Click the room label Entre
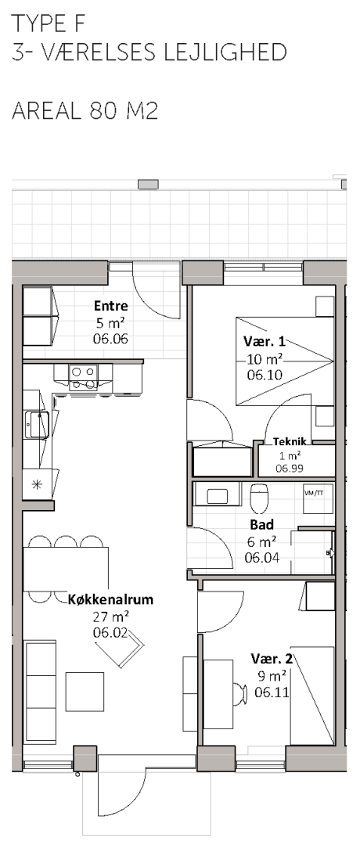click(111, 306)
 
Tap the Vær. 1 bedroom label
click(264, 341)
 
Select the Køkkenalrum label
click(111, 599)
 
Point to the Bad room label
click(262, 524)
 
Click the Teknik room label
click(290, 442)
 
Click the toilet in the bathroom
click(259, 497)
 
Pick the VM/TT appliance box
click(318, 498)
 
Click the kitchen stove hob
click(83, 378)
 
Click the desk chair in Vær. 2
click(239, 694)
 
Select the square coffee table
click(85, 692)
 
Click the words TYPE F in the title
click(48, 23)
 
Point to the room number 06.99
click(290, 469)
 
